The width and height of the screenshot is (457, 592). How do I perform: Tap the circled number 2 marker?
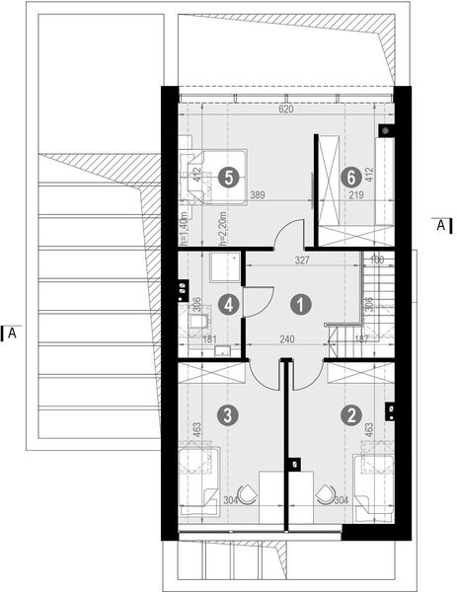[x=350, y=415]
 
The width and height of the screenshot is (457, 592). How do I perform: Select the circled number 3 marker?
[x=228, y=415]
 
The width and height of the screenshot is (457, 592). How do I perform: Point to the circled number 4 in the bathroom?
[x=228, y=305]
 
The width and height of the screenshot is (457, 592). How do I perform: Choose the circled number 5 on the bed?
[x=230, y=178]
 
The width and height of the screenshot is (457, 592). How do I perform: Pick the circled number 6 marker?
[x=348, y=178]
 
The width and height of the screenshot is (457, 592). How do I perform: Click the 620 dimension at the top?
[x=285, y=111]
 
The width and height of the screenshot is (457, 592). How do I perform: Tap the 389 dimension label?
[x=260, y=195]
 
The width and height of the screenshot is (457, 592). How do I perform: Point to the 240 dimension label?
[x=285, y=338]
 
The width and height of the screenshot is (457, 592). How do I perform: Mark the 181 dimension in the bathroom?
[x=209, y=339]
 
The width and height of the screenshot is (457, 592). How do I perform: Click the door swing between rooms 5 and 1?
[x=288, y=237]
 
